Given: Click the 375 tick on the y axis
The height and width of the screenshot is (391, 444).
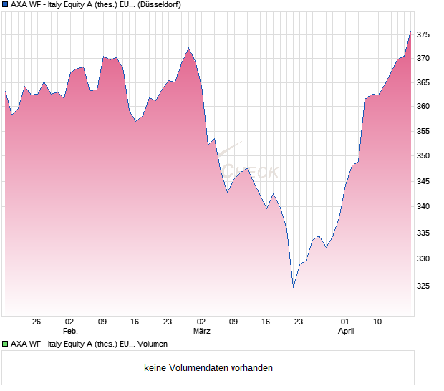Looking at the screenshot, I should tap(424, 34).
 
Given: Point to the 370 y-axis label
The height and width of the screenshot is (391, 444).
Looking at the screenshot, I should tap(424, 58).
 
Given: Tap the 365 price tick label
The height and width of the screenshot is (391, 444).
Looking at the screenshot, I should tap(424, 82).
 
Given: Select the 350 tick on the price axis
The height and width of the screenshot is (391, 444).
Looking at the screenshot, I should tap(424, 155).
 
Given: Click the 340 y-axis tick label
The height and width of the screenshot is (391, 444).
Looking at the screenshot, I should tap(424, 206).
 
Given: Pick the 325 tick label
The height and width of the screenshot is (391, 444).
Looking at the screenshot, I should tap(424, 286).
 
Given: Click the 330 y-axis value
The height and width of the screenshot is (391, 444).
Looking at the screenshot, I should tap(424, 259).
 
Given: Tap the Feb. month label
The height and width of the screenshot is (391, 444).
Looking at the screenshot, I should tap(70, 331).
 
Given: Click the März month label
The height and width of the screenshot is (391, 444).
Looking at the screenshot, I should tap(201, 331).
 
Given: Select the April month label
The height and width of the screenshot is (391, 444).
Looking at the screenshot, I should tap(346, 331).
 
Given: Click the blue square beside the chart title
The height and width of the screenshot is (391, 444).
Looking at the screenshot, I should tap(5, 4).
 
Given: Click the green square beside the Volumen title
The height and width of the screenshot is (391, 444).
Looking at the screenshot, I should tap(5, 344).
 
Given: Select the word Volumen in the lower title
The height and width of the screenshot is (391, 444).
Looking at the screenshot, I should tap(151, 344).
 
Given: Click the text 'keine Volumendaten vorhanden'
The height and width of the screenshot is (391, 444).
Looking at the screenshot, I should tap(208, 368).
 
